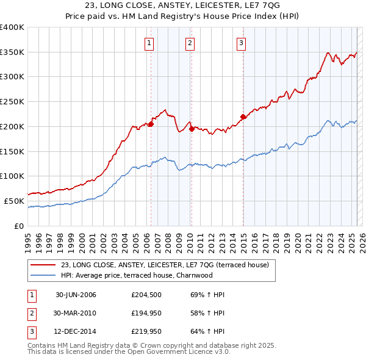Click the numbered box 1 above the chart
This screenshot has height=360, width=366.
pyautogui.click(x=149, y=43)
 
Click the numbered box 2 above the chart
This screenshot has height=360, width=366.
pyautogui.click(x=190, y=43)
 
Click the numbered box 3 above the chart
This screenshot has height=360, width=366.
pyautogui.click(x=242, y=43)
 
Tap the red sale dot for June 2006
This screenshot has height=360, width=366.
pyautogui.click(x=151, y=124)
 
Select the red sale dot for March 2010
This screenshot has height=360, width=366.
pyautogui.click(x=192, y=129)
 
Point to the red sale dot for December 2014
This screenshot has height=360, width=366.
pyautogui.click(x=243, y=117)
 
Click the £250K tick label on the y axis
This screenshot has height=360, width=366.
pyautogui.click(x=12, y=102)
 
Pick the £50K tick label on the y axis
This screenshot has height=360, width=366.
pyautogui.click(x=14, y=201)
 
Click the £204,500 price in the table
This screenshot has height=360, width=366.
pyautogui.click(x=145, y=295)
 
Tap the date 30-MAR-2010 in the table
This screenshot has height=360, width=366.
pyautogui.click(x=76, y=314)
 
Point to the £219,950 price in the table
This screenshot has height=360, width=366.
pyautogui.click(x=145, y=333)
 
